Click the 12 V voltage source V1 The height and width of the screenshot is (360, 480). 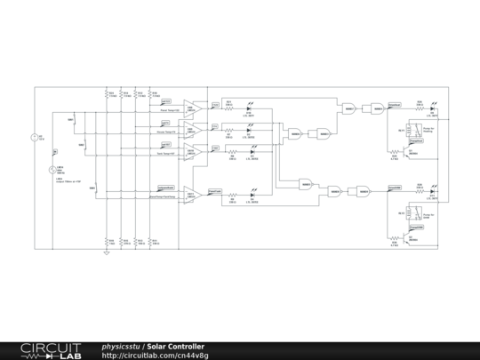35,138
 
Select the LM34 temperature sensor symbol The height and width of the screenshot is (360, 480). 52,170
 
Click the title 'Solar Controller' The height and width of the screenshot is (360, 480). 175,346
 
